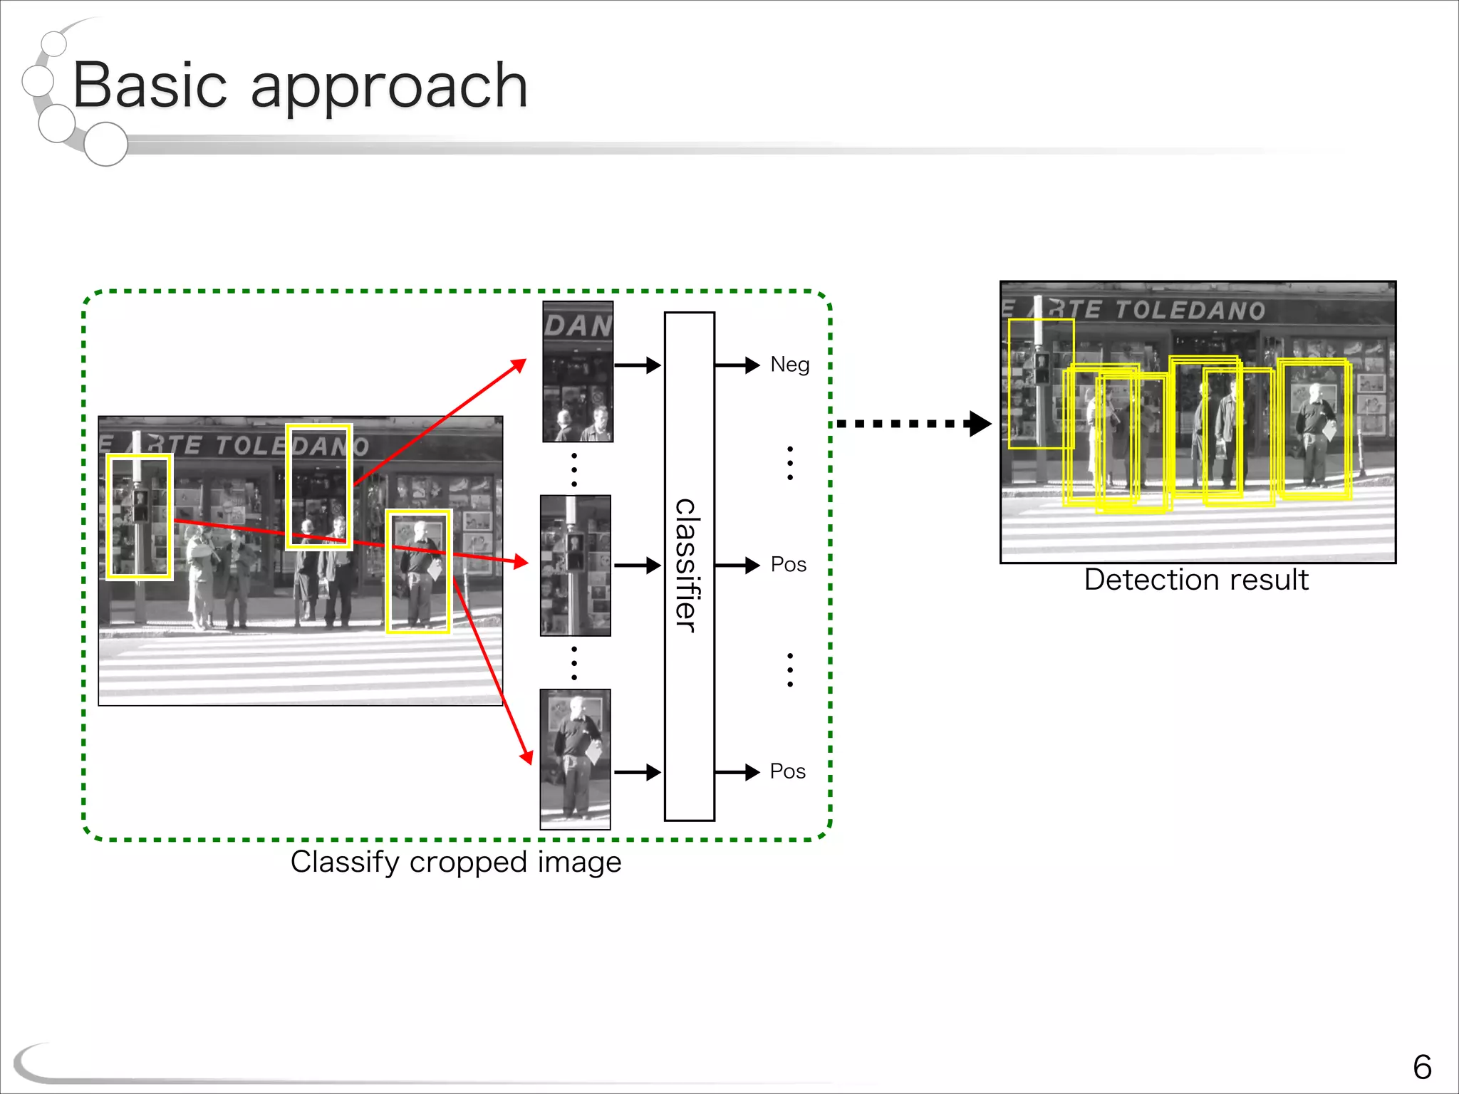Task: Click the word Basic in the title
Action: click(150, 85)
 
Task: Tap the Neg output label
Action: click(789, 365)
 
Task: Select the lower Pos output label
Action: click(787, 771)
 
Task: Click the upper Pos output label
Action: click(788, 565)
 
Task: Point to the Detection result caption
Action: click(1195, 580)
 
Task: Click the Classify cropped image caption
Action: click(456, 862)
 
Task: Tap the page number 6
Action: click(1421, 1067)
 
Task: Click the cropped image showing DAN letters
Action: click(578, 371)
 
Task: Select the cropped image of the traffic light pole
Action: click(576, 566)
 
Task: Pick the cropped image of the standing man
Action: click(575, 759)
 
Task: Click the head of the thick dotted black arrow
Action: click(980, 424)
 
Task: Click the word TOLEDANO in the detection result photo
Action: click(1190, 311)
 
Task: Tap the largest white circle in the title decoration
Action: click(105, 144)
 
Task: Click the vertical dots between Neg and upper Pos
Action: click(790, 463)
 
